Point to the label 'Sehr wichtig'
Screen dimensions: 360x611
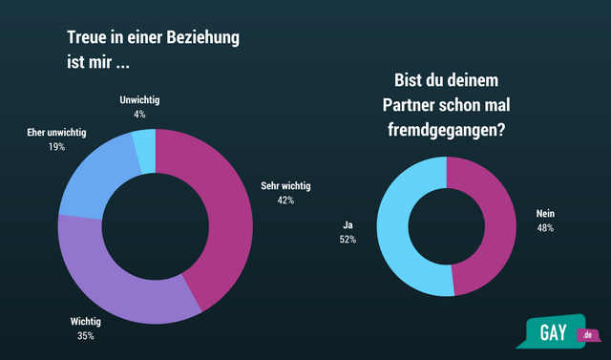point(286,186)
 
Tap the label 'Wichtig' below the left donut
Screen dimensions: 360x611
point(86,321)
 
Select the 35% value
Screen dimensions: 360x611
point(86,336)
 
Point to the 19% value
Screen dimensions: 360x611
point(57,148)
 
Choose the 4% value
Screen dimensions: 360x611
point(139,115)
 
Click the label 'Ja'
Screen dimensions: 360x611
point(348,224)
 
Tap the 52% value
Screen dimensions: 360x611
point(348,240)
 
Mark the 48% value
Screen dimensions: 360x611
point(545,228)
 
